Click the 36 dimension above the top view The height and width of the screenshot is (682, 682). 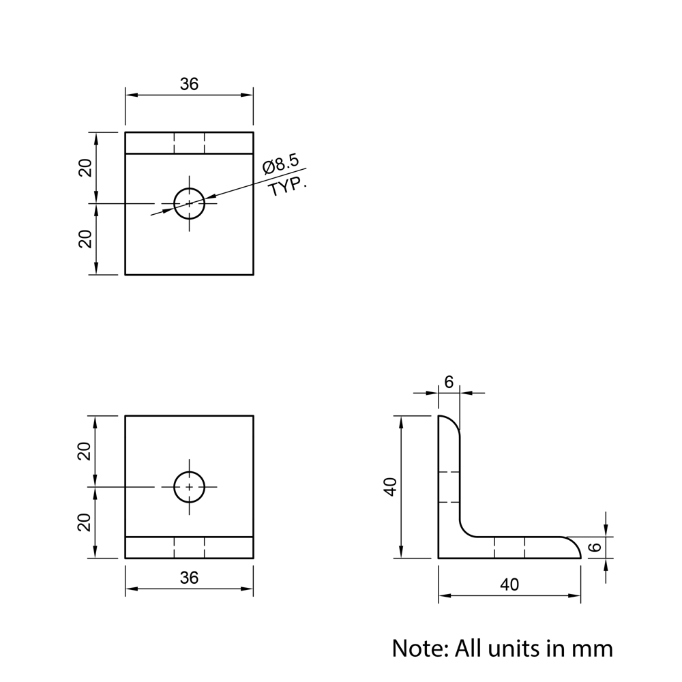pos(189,84)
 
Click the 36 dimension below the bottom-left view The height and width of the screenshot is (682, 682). pos(189,578)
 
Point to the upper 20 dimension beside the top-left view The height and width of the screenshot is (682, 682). pos(85,168)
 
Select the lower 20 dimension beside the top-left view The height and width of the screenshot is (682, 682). pos(85,239)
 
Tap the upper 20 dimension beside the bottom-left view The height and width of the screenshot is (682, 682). pos(84,451)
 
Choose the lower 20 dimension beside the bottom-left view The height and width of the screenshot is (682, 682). pos(84,522)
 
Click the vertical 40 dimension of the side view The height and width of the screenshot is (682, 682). pos(391,487)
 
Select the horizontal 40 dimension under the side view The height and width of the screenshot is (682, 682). pos(509,585)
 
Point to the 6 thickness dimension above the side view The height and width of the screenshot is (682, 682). pos(449,383)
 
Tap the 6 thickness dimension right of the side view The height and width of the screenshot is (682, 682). pos(595,547)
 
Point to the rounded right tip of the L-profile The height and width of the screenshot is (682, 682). pos(575,546)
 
